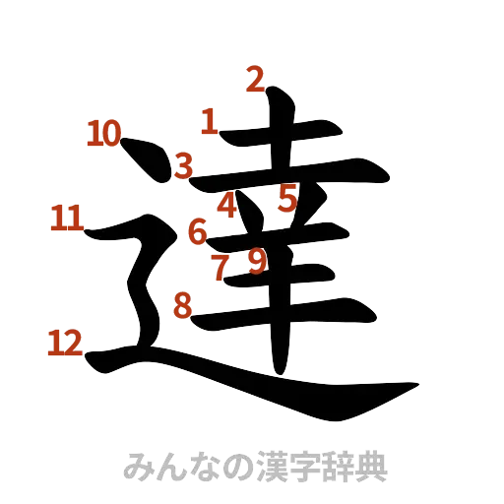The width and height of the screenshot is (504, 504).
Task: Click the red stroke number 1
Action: point(209,122)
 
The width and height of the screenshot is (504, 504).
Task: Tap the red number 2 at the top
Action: point(255,78)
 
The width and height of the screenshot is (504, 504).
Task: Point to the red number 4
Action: point(226,205)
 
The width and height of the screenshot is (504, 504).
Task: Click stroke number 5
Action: point(287,199)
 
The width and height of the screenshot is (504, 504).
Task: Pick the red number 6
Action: point(197,232)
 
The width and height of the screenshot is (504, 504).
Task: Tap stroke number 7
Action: point(221,265)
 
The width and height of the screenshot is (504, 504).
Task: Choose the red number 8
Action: point(182,306)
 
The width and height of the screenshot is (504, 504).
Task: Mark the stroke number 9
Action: point(256,261)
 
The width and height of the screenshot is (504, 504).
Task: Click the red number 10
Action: point(103,133)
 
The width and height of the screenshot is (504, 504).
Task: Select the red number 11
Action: point(67,217)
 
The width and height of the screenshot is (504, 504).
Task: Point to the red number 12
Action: point(65,343)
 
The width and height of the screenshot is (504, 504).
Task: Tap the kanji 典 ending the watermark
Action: point(370,466)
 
